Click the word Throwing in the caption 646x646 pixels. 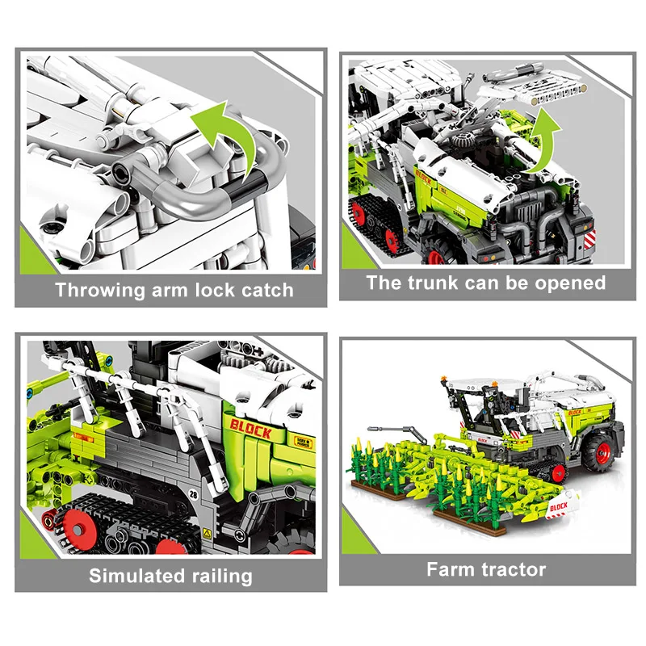point(99,291)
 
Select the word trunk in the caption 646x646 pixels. point(433,283)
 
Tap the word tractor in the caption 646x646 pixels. point(515,570)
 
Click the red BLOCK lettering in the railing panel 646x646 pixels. point(250,430)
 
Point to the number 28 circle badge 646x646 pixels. point(193,494)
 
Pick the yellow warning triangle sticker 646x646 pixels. point(207,535)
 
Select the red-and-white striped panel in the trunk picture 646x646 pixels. point(589,240)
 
